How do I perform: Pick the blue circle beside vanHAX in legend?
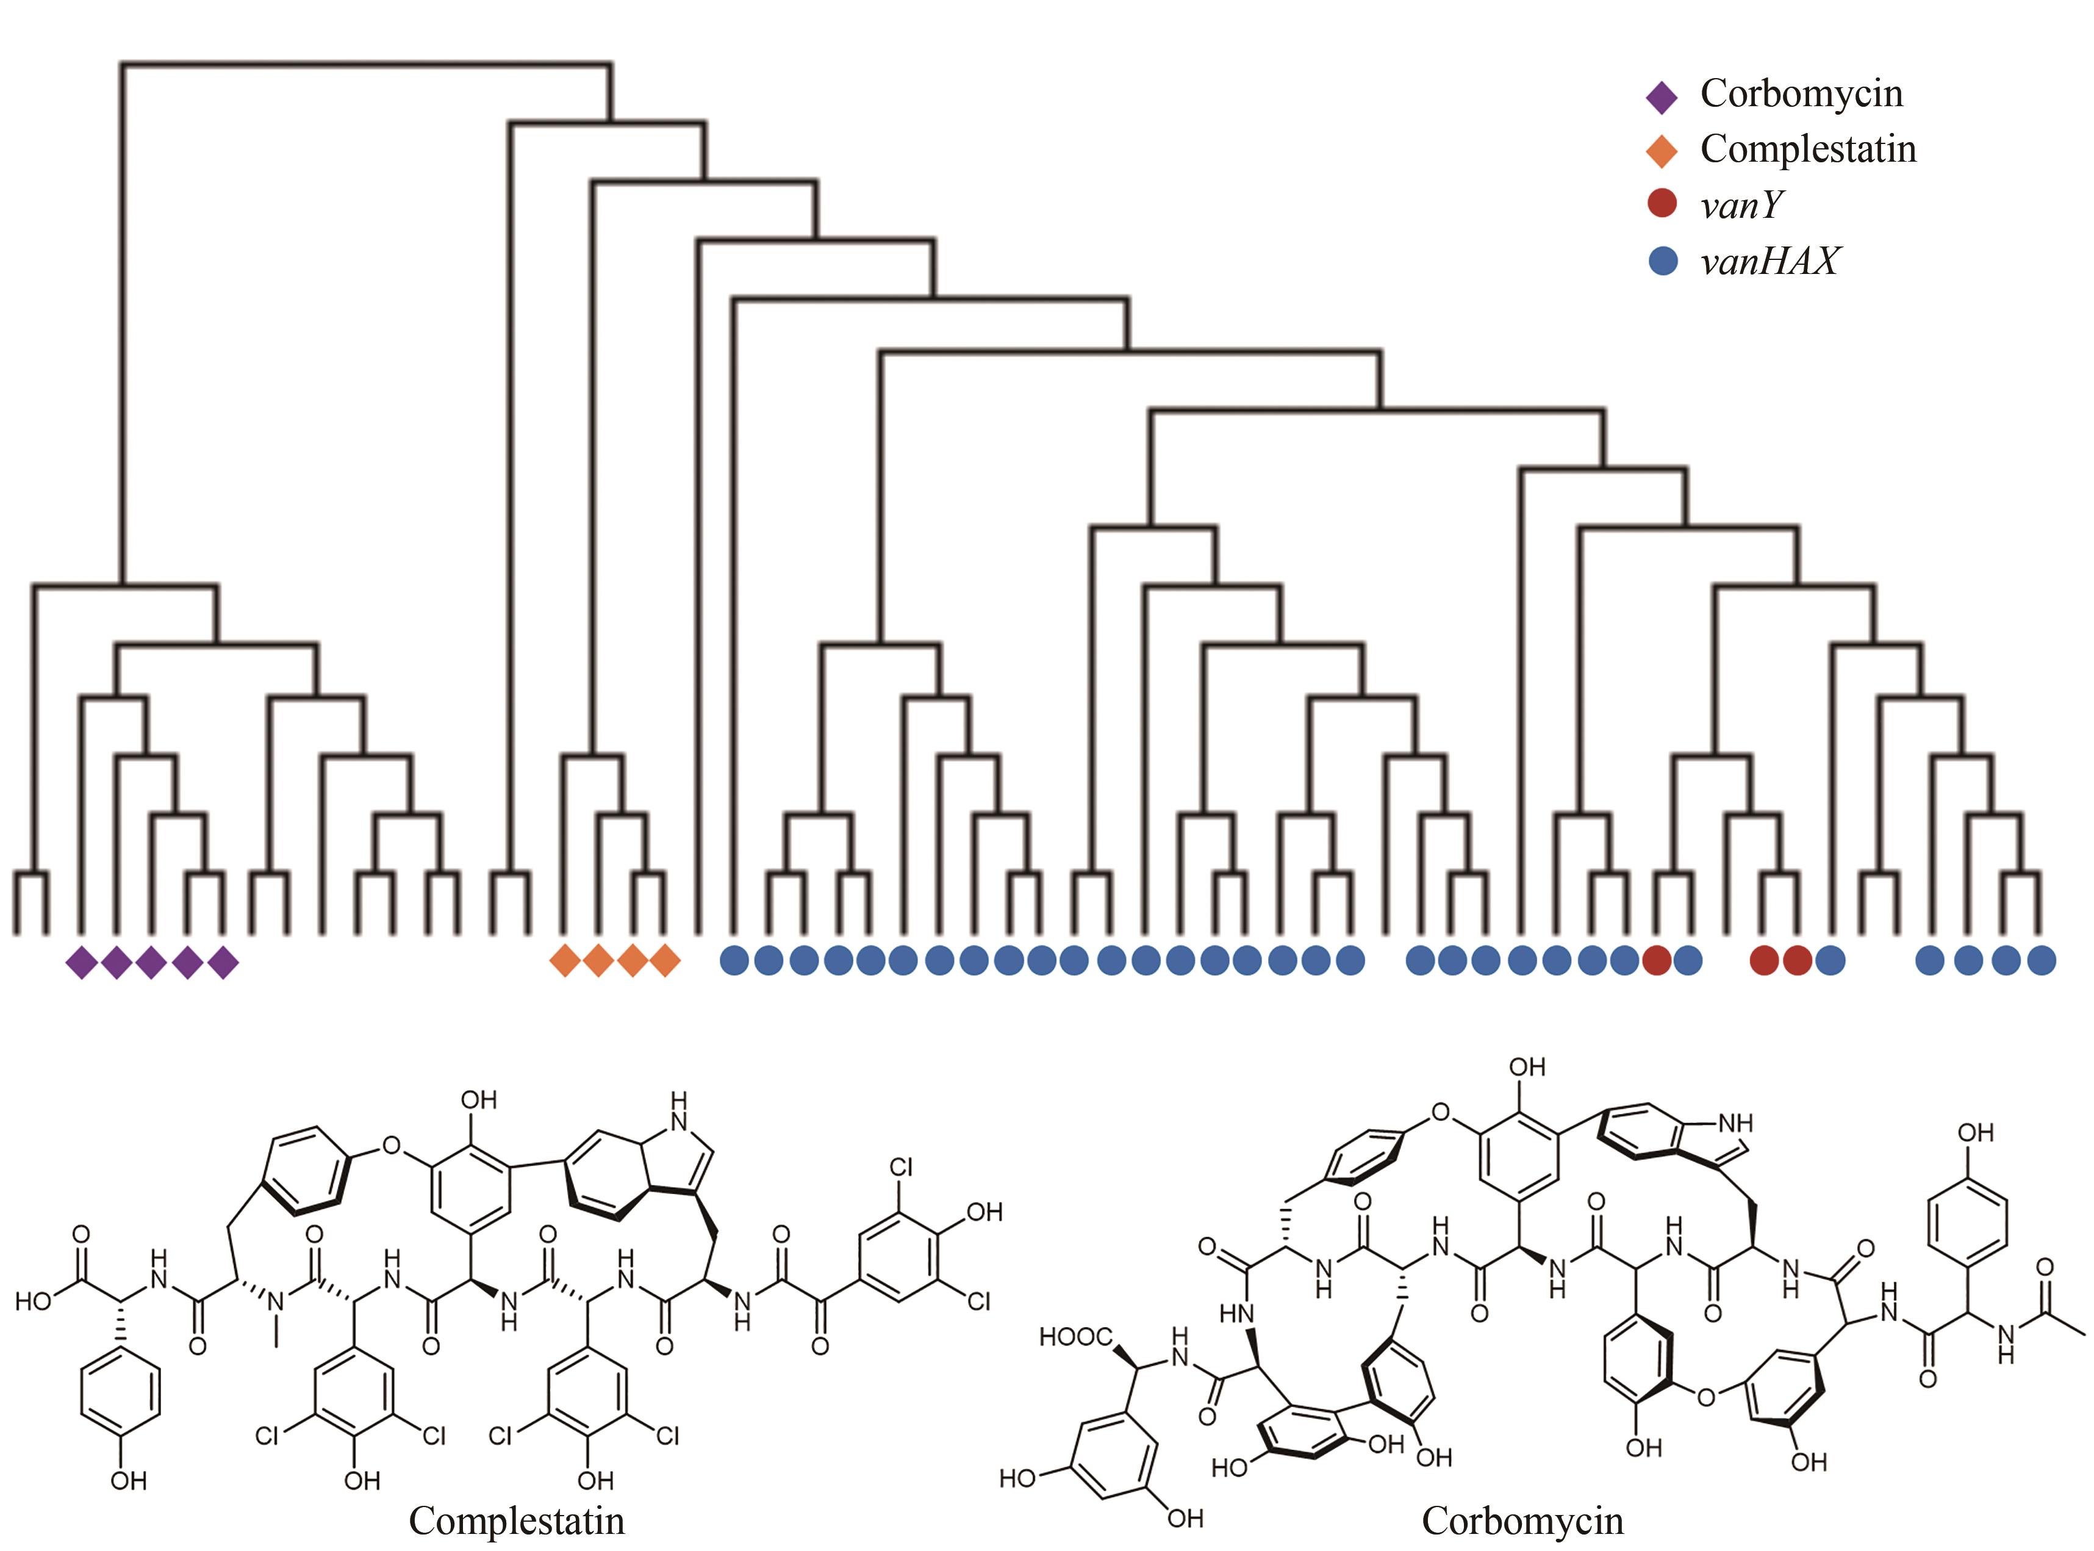click(x=1662, y=260)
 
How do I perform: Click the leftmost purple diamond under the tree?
click(x=82, y=962)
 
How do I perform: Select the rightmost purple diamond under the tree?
click(x=223, y=962)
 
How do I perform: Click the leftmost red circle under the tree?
click(x=1657, y=960)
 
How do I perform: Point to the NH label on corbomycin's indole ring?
click(x=1735, y=1123)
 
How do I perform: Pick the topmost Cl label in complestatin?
click(x=900, y=1167)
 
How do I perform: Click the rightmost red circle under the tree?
click(x=1796, y=960)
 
